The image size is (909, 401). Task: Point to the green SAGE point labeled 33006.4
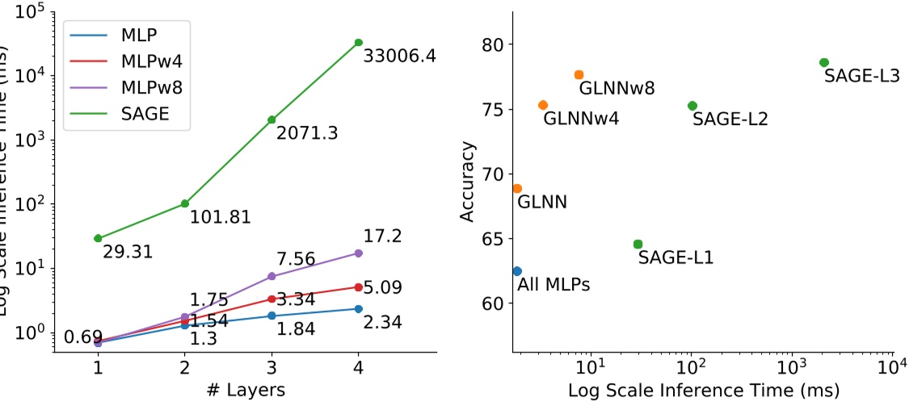[358, 42]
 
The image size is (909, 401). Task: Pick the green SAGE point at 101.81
[185, 203]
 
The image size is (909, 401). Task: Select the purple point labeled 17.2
[358, 253]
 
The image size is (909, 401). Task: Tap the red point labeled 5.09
[358, 286]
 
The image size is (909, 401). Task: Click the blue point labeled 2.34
[358, 309]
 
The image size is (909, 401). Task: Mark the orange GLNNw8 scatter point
[579, 75]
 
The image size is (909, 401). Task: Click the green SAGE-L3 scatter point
[823, 62]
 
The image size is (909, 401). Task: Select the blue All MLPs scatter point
[517, 271]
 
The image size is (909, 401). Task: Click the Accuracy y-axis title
[469, 182]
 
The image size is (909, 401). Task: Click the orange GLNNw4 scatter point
[543, 105]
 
